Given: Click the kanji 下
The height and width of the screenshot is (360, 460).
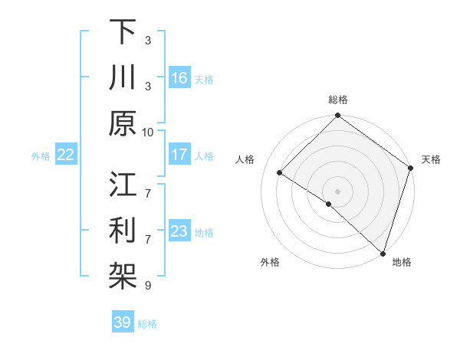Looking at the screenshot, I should pos(123,32).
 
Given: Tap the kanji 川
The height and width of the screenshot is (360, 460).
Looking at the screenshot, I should pos(123,78).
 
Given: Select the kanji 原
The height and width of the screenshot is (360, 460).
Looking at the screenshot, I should pos(123,123).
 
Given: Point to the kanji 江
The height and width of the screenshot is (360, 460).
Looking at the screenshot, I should pos(123,185).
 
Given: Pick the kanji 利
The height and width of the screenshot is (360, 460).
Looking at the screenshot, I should pos(123,231).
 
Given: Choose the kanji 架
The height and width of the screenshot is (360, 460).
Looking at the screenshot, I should pos(123,277).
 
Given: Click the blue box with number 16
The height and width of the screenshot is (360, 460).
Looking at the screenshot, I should pos(179,78).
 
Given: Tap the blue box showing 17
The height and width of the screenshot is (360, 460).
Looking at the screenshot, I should pos(179,155).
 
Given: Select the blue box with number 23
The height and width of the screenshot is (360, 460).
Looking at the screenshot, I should pos(179,231).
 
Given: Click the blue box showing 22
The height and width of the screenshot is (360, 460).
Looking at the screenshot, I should pos(66,155).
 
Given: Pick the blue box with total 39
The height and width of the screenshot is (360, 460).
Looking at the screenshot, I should pos(122,322).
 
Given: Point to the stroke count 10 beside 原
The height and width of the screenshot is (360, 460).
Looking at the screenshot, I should pos(148,132).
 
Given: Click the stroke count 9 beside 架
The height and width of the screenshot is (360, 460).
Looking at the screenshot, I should pos(147,286).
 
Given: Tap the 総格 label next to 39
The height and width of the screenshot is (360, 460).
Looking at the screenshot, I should pos(147,324).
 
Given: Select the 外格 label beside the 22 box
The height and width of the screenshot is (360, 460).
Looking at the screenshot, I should pos(41,155).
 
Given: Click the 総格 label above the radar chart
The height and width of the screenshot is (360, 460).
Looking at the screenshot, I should pos(337,100).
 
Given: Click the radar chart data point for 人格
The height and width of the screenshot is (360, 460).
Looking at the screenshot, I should pos(280,173).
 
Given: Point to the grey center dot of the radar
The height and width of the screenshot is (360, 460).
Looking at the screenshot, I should pos(337,191).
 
